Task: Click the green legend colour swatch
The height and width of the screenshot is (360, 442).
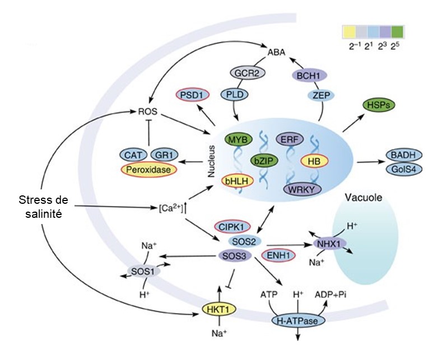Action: [x=398, y=31]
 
